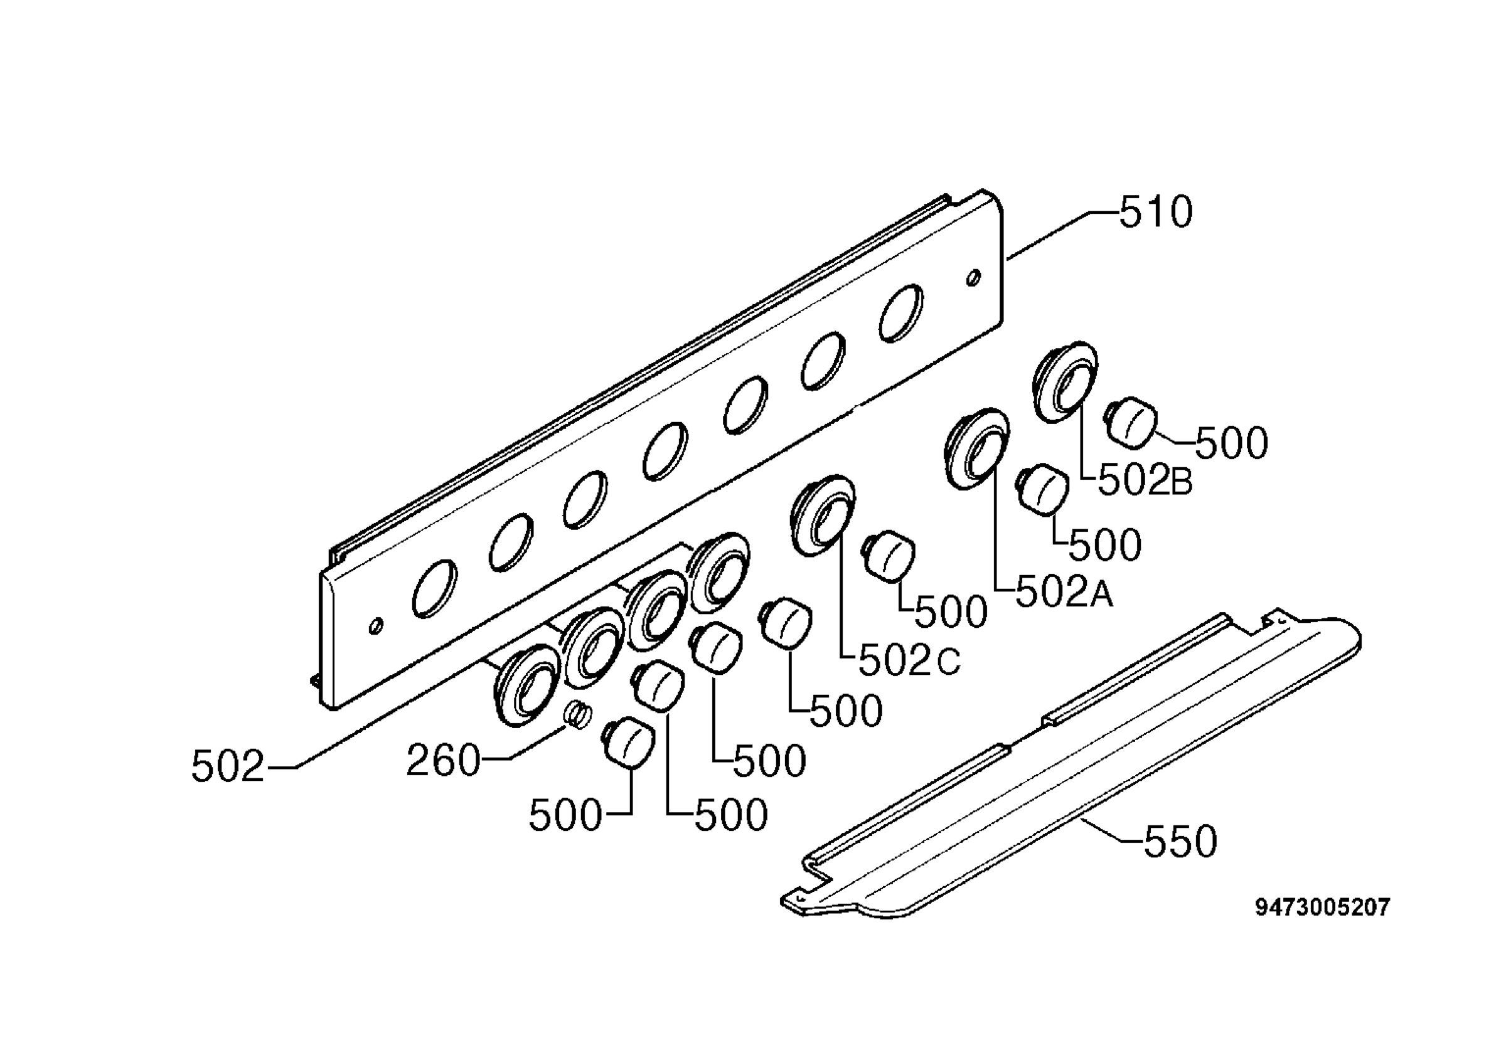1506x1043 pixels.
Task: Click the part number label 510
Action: click(x=1155, y=213)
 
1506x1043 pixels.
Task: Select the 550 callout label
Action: click(x=1180, y=841)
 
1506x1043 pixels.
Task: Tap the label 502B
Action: click(x=1145, y=481)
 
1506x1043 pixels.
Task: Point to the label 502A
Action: click(x=1064, y=593)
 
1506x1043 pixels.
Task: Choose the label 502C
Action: click(x=909, y=660)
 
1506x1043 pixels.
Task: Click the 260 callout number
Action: click(x=443, y=760)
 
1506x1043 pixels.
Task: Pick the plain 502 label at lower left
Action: click(x=227, y=766)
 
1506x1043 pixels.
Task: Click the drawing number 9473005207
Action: click(x=1322, y=907)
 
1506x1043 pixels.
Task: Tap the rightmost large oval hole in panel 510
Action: click(x=901, y=313)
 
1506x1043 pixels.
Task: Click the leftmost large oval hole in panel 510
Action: click(x=435, y=588)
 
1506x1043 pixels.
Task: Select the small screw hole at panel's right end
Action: click(x=973, y=277)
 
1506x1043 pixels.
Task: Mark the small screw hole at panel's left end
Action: click(x=376, y=626)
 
